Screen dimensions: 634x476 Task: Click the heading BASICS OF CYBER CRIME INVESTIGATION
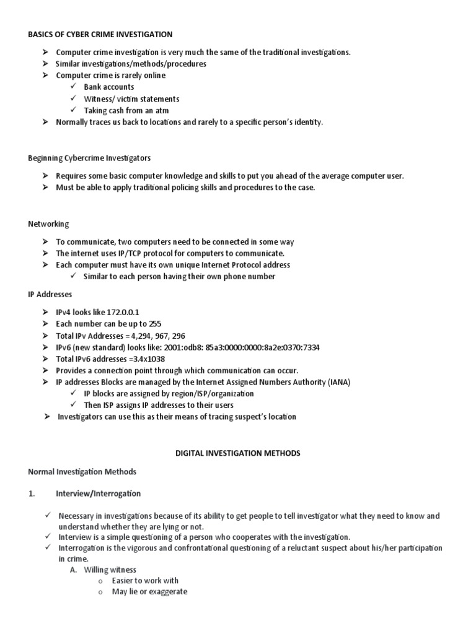tap(100, 34)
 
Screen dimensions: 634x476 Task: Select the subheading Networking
tap(48, 224)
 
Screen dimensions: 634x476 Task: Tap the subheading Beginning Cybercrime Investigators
tap(89, 158)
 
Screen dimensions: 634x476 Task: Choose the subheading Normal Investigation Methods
tap(82, 472)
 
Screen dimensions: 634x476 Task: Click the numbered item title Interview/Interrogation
tap(98, 493)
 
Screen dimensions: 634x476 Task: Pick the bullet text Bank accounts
tap(109, 87)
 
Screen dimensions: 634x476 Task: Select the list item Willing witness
tap(110, 570)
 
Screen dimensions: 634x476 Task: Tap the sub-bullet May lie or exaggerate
tap(149, 592)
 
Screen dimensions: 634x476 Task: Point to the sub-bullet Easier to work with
tap(145, 581)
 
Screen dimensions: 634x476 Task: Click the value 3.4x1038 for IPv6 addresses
tap(146, 359)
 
